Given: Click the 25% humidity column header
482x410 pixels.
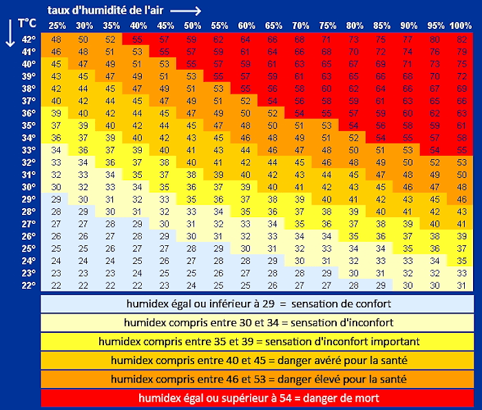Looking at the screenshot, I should tap(57, 25).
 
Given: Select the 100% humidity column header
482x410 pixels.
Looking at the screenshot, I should tap(460, 25).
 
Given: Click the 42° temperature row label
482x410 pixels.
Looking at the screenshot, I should tap(28, 39).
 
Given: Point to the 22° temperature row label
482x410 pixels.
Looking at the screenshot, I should tap(28, 285).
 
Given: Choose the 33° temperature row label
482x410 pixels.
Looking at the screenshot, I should tap(28, 150).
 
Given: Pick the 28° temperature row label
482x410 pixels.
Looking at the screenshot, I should tap(28, 212).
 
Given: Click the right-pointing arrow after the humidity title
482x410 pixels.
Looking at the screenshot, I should tap(186, 11).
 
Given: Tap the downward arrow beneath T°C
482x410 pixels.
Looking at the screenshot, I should tap(10, 34).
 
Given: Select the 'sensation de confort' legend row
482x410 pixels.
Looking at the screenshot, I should tap(257, 303).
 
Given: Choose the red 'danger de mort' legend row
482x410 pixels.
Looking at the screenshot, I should tap(257, 398).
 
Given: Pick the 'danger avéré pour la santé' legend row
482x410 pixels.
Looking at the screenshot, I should tap(257, 360).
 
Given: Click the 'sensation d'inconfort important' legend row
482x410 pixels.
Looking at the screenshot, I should tap(257, 341).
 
